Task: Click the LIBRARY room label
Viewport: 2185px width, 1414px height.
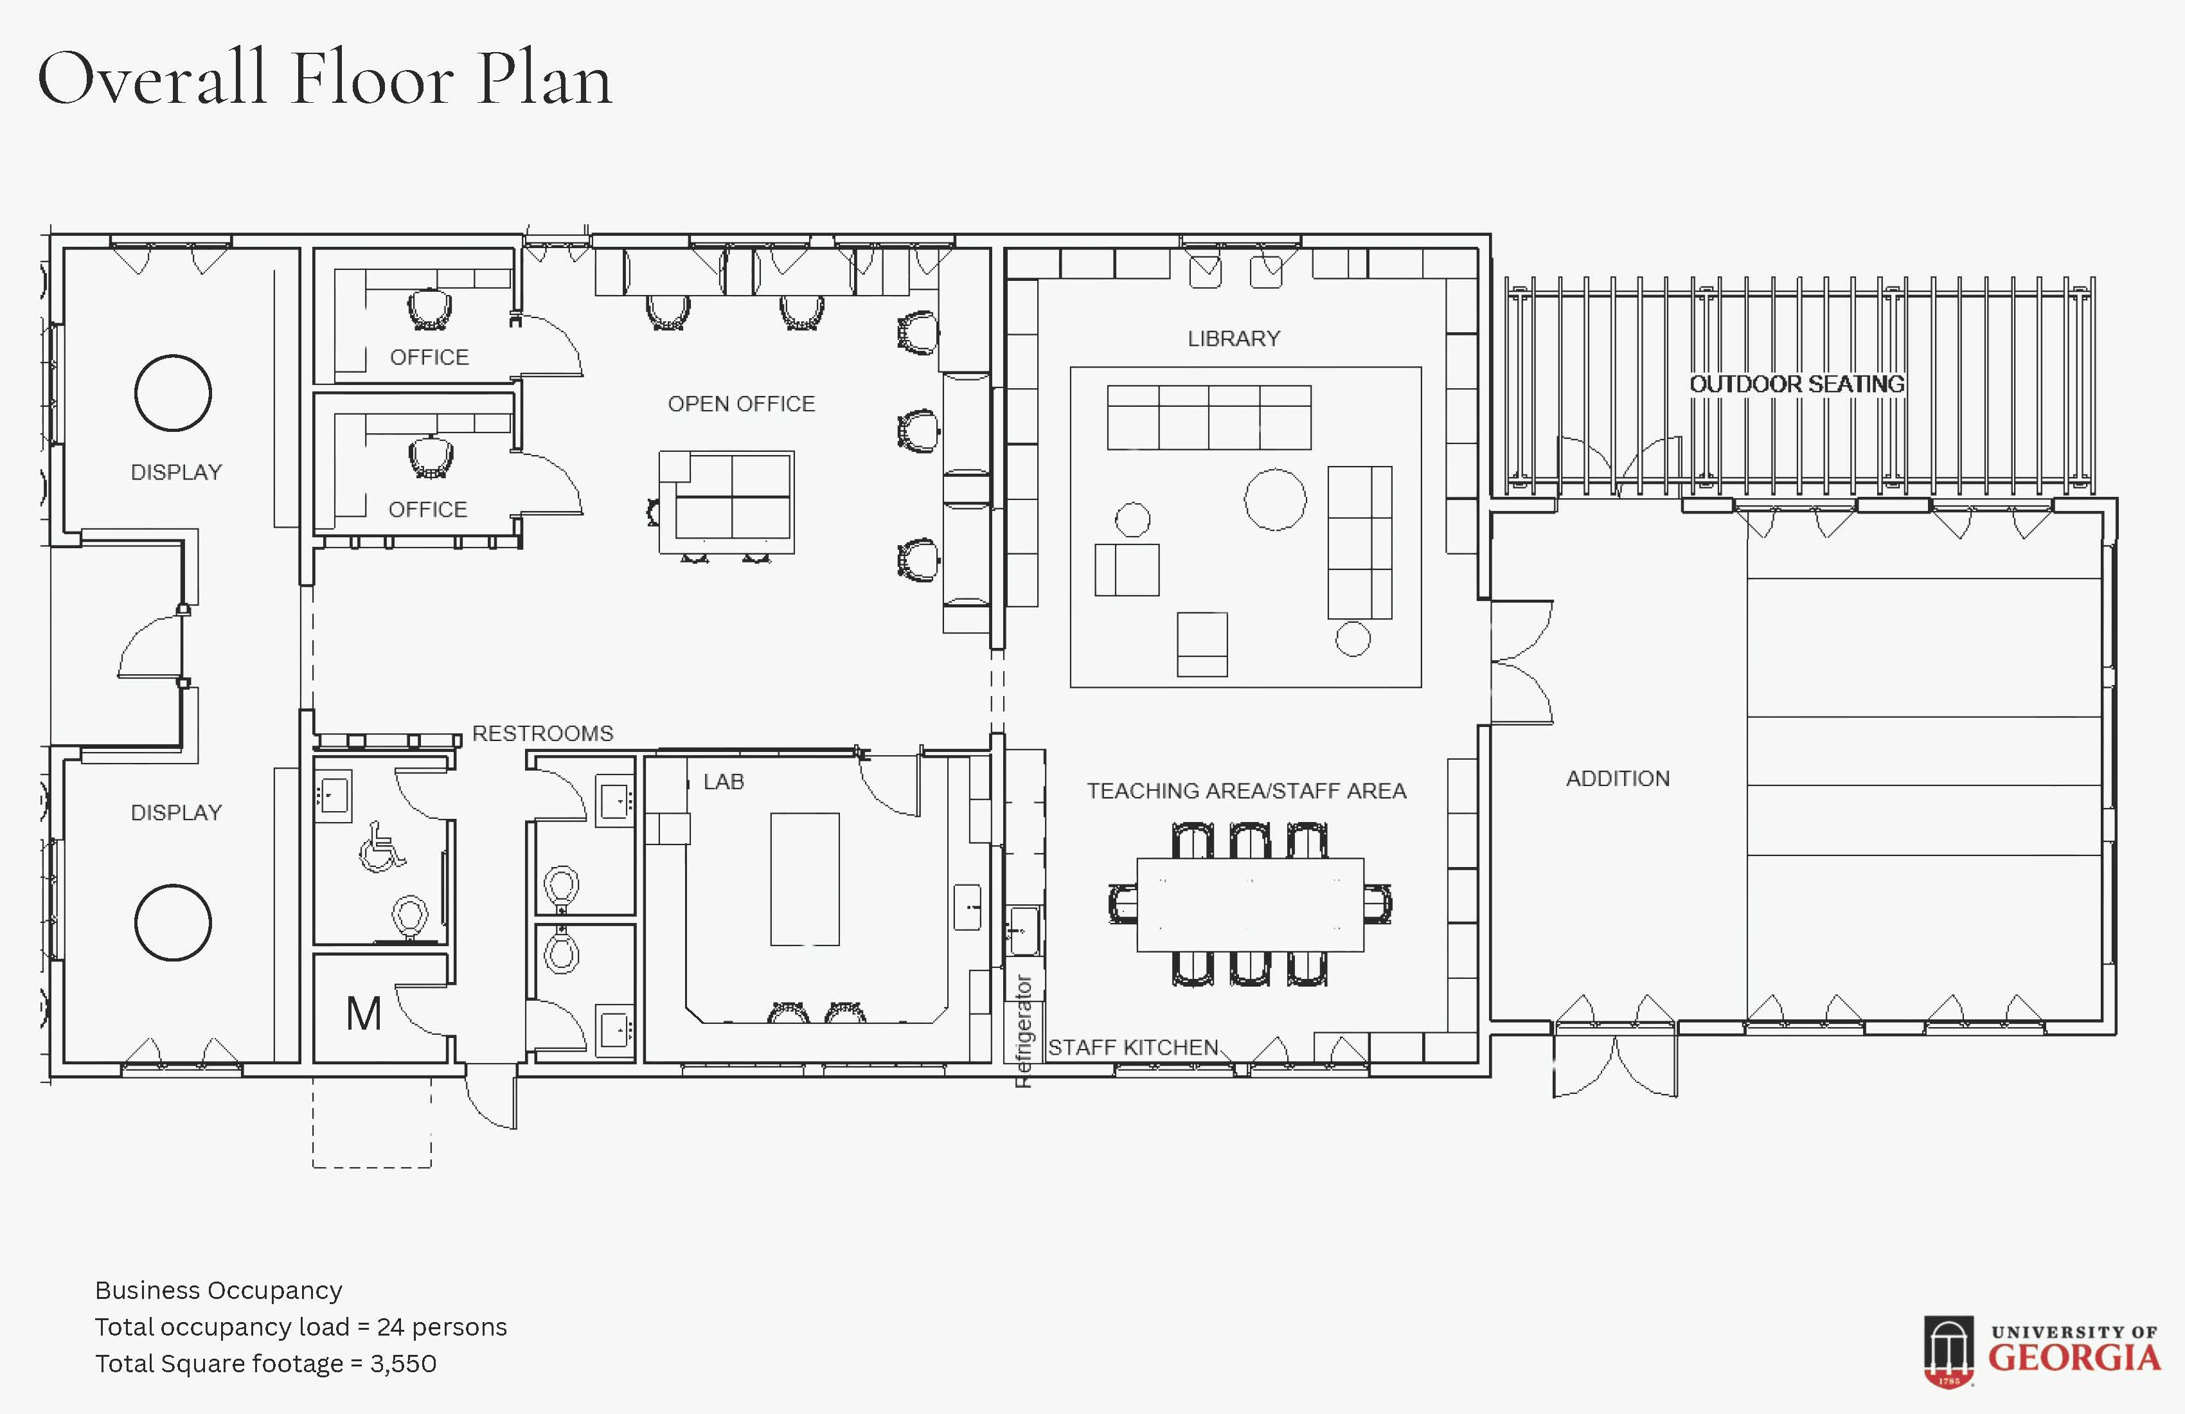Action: pos(1234,339)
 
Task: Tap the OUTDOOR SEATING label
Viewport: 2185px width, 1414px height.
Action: pos(1797,384)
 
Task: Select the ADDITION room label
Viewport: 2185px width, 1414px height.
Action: pos(1618,778)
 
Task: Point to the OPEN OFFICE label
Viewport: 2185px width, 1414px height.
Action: pos(741,404)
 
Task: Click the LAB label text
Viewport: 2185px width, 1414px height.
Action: pos(724,782)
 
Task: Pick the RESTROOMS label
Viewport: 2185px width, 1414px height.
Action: pos(542,733)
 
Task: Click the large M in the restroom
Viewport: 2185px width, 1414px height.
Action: pos(364,1014)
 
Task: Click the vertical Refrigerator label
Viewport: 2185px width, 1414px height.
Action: pos(1024,1031)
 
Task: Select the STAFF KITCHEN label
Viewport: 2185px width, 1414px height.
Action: pos(1133,1048)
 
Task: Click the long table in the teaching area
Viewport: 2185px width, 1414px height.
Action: pos(1251,904)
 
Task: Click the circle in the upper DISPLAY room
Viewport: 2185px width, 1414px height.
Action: pos(173,355)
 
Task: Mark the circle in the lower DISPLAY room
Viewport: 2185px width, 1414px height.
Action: pos(173,885)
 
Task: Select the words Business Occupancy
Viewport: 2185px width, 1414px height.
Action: pos(219,1291)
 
